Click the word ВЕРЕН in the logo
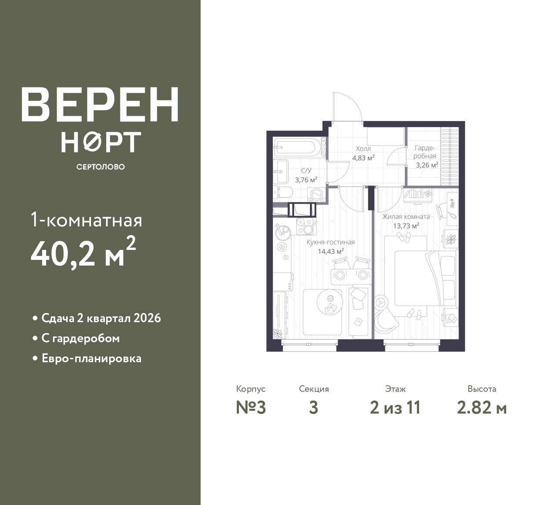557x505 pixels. coord(100,104)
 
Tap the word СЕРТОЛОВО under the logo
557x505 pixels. coord(101,167)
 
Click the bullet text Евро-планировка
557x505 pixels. coord(92,358)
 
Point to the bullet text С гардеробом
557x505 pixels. coord(81,338)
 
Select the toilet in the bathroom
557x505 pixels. coord(283,192)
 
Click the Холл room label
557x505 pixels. coord(363,148)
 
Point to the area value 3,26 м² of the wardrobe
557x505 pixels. coord(427,165)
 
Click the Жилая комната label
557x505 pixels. coord(406,216)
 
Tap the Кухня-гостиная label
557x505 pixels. coord(331,242)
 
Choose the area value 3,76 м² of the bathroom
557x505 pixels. coord(306,180)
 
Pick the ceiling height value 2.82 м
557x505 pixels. coord(482,407)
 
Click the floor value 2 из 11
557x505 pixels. coord(395,407)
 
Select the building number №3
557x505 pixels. coord(251,407)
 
